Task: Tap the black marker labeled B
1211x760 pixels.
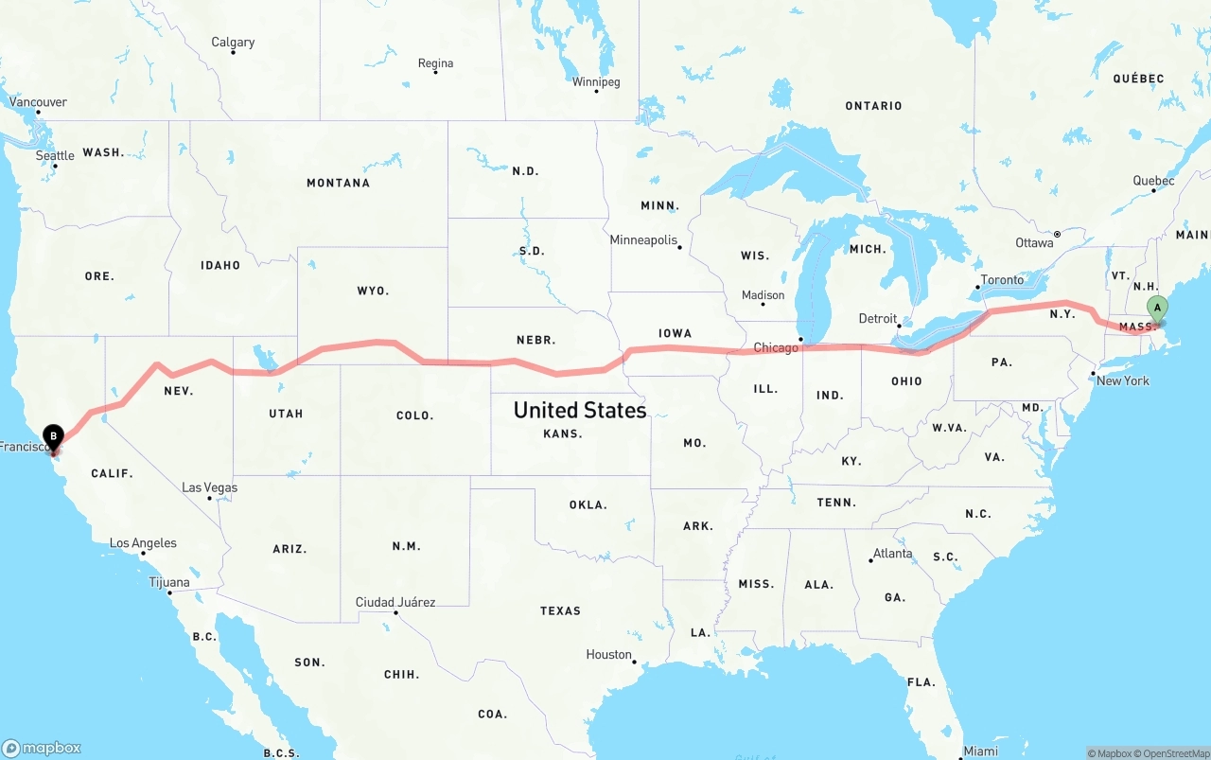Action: click(x=54, y=436)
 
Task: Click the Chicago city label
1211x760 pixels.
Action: click(x=776, y=347)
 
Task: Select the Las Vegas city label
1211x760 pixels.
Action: click(x=209, y=487)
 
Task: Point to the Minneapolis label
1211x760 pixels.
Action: click(x=643, y=240)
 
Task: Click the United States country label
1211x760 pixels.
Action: click(x=580, y=410)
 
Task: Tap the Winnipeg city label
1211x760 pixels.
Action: click(x=596, y=81)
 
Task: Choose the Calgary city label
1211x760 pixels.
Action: click(x=233, y=42)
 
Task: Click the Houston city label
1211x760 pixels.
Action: click(x=608, y=654)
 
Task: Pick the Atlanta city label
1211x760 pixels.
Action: click(x=893, y=553)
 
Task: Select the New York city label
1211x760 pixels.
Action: click(x=1123, y=380)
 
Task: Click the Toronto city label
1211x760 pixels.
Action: click(x=1002, y=279)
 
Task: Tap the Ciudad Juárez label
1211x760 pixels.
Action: click(x=395, y=602)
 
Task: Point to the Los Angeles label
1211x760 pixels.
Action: click(x=143, y=543)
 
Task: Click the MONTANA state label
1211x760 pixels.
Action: click(x=338, y=183)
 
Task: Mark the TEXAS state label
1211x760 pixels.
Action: click(x=560, y=610)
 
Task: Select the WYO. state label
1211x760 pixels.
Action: click(x=373, y=291)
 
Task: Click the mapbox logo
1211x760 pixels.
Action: click(x=42, y=748)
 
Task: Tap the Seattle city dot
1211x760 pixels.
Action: click(x=55, y=167)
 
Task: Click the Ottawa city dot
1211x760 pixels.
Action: click(x=1058, y=234)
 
